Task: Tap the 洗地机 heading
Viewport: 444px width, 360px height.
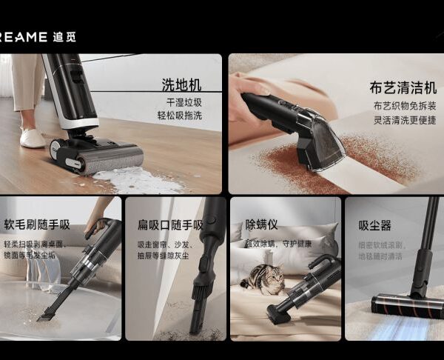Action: [181, 84]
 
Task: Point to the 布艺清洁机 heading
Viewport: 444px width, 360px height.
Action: [403, 87]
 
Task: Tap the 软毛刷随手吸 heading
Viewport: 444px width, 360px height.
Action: [37, 224]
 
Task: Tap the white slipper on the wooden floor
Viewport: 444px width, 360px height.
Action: [33, 138]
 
